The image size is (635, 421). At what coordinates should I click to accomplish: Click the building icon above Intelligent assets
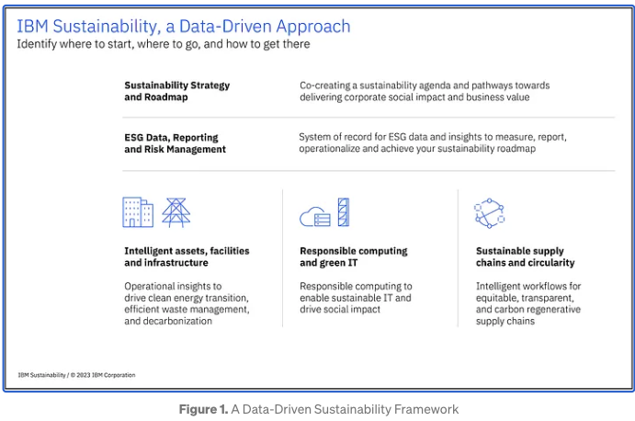click(x=138, y=212)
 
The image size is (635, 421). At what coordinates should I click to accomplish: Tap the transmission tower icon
click(x=176, y=212)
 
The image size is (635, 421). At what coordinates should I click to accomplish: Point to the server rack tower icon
click(x=344, y=212)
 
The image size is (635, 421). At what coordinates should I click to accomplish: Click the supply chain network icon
click(x=489, y=212)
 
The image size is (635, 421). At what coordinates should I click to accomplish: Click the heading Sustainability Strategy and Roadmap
click(x=177, y=91)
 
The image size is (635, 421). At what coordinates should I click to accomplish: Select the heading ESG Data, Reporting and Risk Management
click(x=176, y=142)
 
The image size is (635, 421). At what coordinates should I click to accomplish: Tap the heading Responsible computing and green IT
click(x=354, y=256)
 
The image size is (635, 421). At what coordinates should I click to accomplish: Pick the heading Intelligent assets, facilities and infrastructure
click(x=187, y=256)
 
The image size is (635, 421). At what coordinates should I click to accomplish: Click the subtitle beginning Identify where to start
click(x=164, y=44)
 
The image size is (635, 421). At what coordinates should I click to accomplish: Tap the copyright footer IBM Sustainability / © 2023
click(x=76, y=375)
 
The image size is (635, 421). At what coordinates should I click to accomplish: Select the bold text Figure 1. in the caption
click(x=203, y=408)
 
